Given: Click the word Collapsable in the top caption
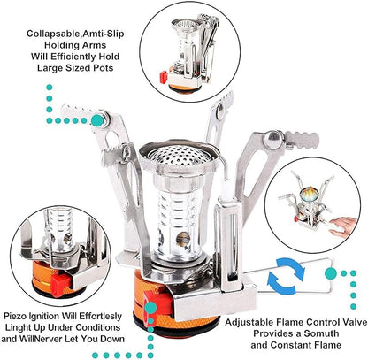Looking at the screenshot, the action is (54, 34).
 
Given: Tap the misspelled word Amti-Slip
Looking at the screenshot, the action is (103, 34).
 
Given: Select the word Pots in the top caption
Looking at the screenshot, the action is (103, 68).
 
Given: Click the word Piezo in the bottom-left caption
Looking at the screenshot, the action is (15, 317).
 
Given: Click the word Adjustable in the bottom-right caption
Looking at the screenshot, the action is (249, 322).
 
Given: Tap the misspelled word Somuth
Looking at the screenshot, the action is (321, 333).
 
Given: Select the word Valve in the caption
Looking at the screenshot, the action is (354, 322).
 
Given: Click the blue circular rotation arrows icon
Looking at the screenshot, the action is (286, 272).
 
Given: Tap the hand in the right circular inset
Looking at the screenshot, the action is (344, 226).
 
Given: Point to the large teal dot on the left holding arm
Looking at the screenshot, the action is (97, 120).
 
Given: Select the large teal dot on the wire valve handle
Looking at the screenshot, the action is (331, 273).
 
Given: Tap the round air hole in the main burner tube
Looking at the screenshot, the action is (183, 239).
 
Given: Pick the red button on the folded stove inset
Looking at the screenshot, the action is (164, 77).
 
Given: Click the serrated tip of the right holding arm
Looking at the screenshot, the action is (303, 140).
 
